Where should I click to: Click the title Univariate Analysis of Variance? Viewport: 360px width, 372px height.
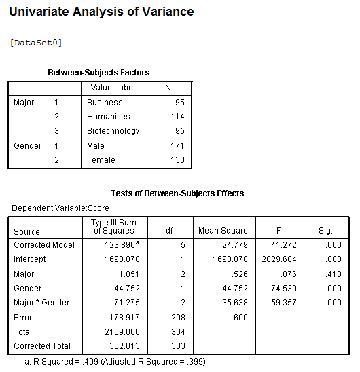point(101,12)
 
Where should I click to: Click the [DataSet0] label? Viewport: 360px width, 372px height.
point(36,43)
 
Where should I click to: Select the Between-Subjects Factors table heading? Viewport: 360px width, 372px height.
point(98,73)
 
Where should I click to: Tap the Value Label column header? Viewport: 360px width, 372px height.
point(113,88)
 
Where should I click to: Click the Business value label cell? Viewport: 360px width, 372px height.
point(105,103)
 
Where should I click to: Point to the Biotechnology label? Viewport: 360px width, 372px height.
point(113,131)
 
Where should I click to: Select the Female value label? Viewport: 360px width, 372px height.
point(101,160)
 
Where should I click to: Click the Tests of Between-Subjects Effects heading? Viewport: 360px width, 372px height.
point(177,193)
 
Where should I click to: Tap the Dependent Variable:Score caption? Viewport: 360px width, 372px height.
point(60,208)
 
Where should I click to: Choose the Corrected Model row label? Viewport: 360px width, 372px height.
point(44,245)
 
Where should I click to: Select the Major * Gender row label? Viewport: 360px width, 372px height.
point(41,303)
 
